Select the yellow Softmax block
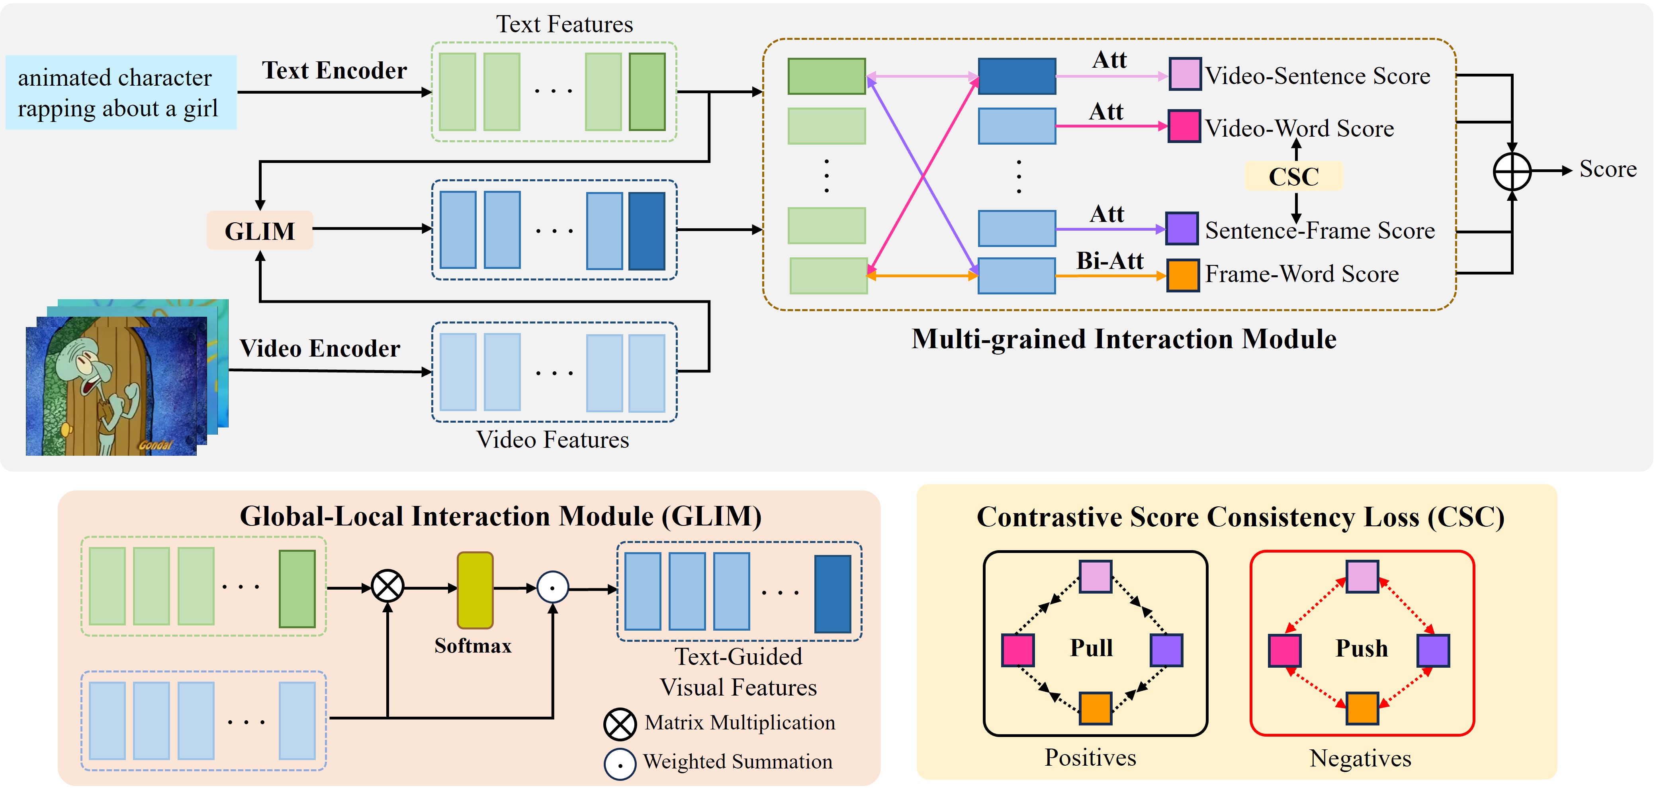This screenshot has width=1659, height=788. (x=475, y=590)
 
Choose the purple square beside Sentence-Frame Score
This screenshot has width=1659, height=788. (x=1182, y=229)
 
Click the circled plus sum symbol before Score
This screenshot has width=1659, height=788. (x=1512, y=171)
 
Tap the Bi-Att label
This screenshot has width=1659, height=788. (x=1109, y=260)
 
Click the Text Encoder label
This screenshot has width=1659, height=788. (x=334, y=70)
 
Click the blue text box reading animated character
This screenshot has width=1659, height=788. (x=121, y=92)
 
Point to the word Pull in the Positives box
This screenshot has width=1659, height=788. (x=1091, y=647)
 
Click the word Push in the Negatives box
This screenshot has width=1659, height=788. (x=1362, y=648)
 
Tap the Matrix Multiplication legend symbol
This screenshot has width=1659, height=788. (x=620, y=724)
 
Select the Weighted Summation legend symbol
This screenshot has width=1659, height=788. (x=620, y=764)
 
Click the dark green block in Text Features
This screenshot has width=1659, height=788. (x=647, y=92)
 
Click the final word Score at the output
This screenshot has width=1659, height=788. (x=1608, y=169)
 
